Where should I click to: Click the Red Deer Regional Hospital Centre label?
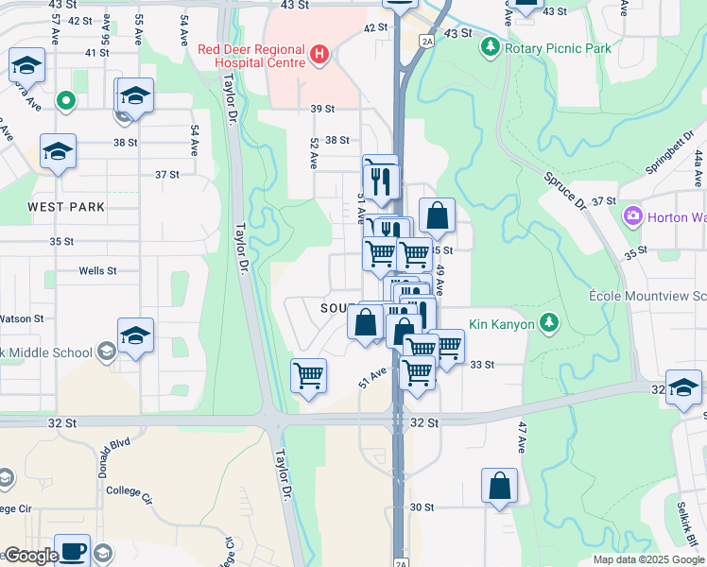coord(252,56)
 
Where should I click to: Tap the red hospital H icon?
coord(319,56)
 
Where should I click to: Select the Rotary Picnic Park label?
coord(558,48)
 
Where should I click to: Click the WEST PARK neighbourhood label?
coord(66,207)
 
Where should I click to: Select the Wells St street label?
coord(97,270)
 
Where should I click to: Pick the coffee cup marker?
coord(72,550)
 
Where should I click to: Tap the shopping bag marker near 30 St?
coord(499,486)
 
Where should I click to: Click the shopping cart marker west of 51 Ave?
coord(308,375)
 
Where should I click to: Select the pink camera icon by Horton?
coord(632,216)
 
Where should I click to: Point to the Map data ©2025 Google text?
coord(648,559)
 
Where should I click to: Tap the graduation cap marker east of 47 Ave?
coord(683,387)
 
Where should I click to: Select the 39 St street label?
coord(323,109)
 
